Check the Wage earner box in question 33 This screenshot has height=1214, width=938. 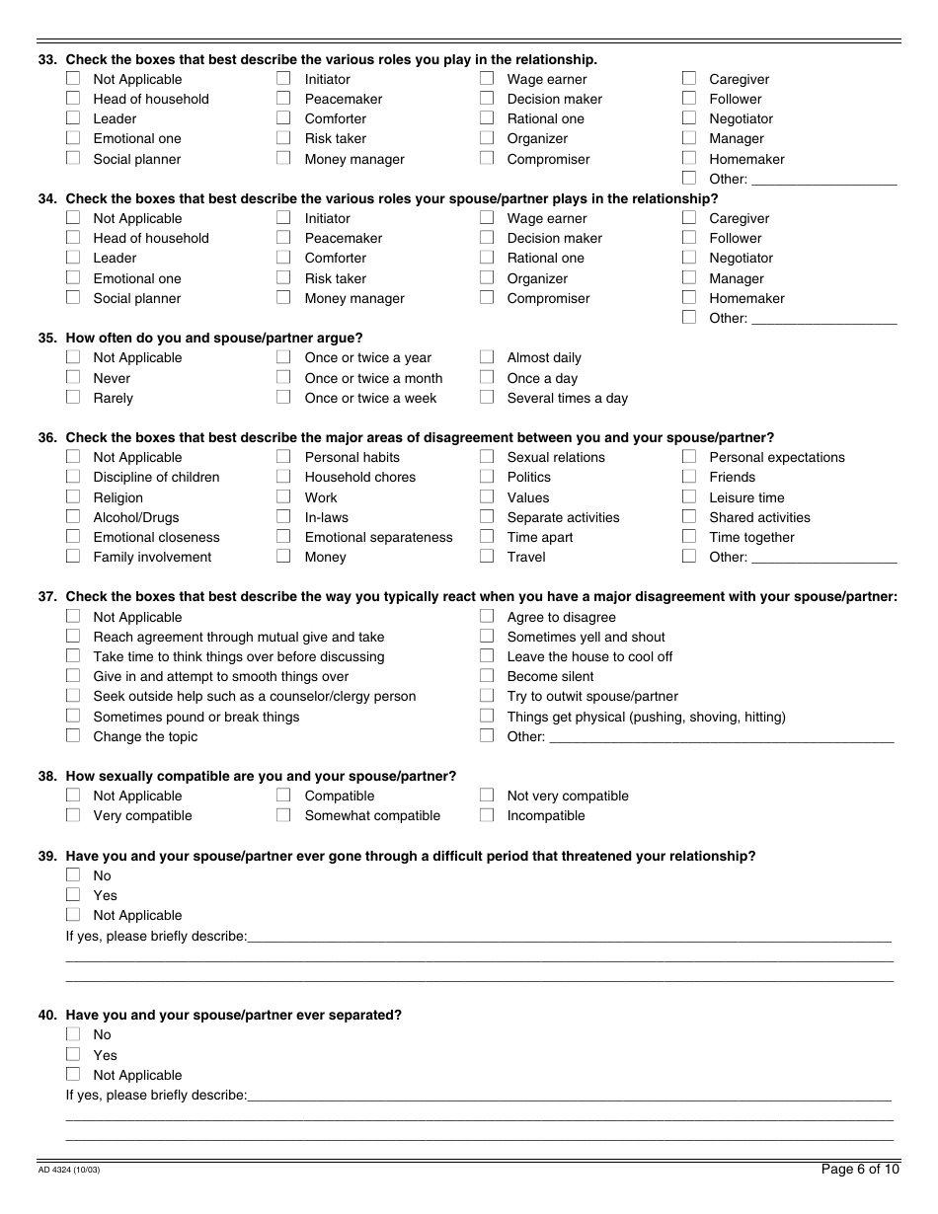[487, 79]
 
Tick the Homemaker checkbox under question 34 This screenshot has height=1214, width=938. [689, 297]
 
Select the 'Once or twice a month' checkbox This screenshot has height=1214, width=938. [283, 377]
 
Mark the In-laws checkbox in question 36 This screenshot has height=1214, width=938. [283, 516]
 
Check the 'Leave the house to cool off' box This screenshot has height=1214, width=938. [487, 656]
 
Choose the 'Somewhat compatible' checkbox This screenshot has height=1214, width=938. [283, 815]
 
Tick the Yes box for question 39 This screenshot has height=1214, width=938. [73, 895]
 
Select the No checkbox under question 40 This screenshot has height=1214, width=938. [73, 1034]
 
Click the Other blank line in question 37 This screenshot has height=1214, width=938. [721, 736]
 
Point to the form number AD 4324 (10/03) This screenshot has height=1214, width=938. [69, 1171]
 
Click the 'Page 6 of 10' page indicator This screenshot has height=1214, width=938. [860, 1170]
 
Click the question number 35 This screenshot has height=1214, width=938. [46, 338]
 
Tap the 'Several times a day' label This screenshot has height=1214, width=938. [567, 398]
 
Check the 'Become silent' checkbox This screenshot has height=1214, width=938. [487, 676]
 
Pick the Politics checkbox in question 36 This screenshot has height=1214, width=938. [487, 477]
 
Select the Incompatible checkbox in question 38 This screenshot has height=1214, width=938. [487, 815]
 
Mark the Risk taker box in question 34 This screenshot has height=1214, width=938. [283, 277]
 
